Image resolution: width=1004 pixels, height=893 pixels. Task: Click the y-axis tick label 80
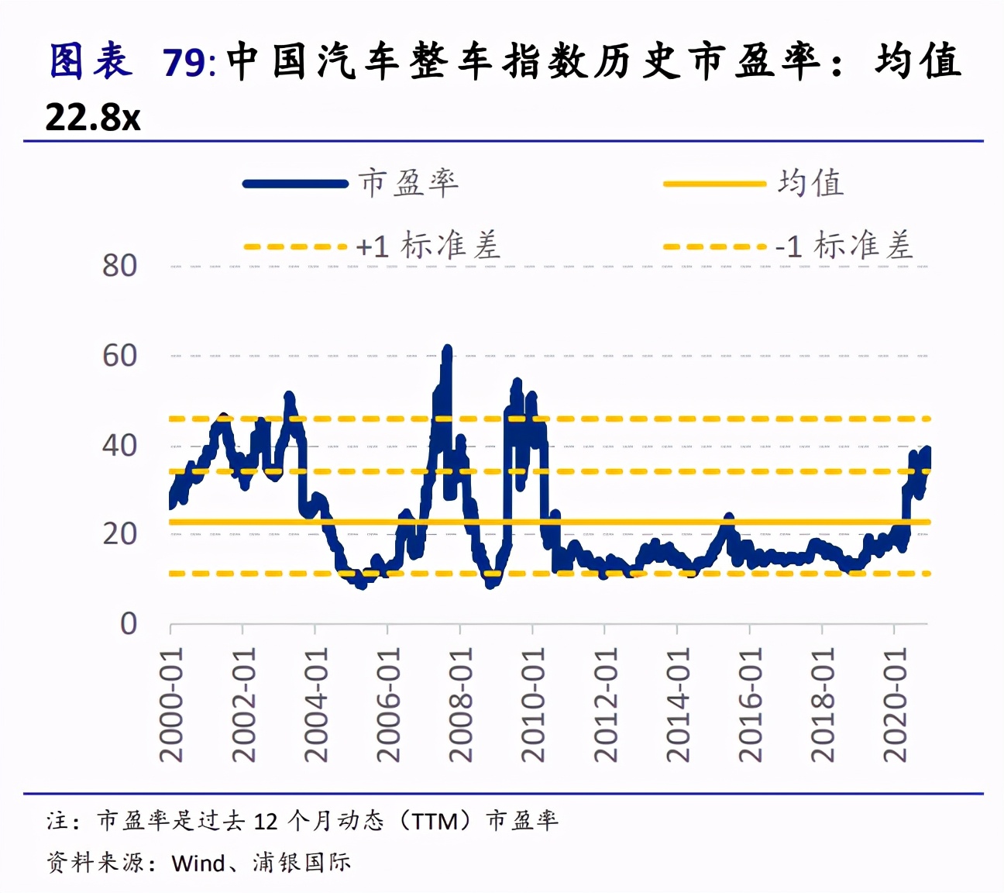(119, 266)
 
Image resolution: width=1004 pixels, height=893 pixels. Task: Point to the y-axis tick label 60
(119, 356)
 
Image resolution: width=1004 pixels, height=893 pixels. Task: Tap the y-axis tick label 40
(119, 446)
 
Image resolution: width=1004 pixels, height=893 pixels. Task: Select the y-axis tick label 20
(119, 534)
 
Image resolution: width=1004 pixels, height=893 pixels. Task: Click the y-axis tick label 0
(129, 624)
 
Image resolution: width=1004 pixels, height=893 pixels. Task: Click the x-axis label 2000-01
(171, 704)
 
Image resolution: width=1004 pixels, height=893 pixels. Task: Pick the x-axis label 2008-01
(460, 704)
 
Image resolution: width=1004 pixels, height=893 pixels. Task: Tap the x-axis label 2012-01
(605, 704)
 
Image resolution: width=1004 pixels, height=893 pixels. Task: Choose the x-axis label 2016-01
(750, 704)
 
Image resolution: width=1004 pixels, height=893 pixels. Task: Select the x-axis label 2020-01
(895, 704)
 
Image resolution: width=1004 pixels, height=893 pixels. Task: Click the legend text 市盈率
(408, 184)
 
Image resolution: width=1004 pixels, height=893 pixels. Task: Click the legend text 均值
(810, 184)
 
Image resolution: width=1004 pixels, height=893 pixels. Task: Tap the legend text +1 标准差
(428, 247)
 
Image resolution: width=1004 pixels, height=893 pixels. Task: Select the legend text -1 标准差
(844, 247)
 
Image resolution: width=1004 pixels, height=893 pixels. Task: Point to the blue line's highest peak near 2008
(447, 350)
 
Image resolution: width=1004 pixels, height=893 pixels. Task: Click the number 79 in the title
(184, 63)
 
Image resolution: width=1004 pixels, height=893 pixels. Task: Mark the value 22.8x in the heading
(93, 118)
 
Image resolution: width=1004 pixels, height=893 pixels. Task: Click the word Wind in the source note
(198, 863)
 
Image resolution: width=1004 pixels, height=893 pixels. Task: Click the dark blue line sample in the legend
(295, 184)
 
